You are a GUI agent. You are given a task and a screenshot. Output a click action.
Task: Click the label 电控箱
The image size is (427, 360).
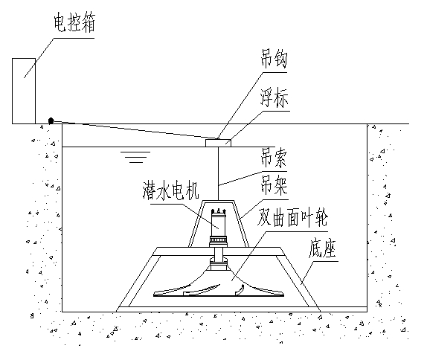74,23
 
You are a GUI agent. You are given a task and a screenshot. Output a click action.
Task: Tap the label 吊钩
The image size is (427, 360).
274,59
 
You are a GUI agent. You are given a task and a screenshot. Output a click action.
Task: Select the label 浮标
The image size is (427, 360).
274,97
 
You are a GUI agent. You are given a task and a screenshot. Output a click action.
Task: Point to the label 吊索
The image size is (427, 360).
274,158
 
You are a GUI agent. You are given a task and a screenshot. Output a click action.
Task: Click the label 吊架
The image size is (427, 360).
274,185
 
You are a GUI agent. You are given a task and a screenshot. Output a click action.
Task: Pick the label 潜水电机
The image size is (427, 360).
171,190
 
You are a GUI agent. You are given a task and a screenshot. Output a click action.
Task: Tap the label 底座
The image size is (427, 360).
322,249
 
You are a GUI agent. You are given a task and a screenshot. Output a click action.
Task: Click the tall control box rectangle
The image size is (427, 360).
24,91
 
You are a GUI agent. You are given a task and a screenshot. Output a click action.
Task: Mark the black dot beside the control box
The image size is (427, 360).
51,120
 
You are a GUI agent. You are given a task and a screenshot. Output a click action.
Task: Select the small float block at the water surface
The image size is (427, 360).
218,143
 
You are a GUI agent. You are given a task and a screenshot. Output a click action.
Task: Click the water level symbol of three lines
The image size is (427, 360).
135,157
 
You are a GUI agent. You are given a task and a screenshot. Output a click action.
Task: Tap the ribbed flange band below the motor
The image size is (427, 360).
219,240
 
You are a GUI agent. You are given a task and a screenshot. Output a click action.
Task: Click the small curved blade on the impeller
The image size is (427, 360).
240,289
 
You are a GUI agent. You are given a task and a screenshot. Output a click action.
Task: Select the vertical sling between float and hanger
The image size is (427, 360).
219,174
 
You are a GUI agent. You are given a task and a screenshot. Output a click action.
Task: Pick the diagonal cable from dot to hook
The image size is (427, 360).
134,129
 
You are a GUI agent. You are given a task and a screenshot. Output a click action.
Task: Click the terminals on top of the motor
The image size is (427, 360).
219,211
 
